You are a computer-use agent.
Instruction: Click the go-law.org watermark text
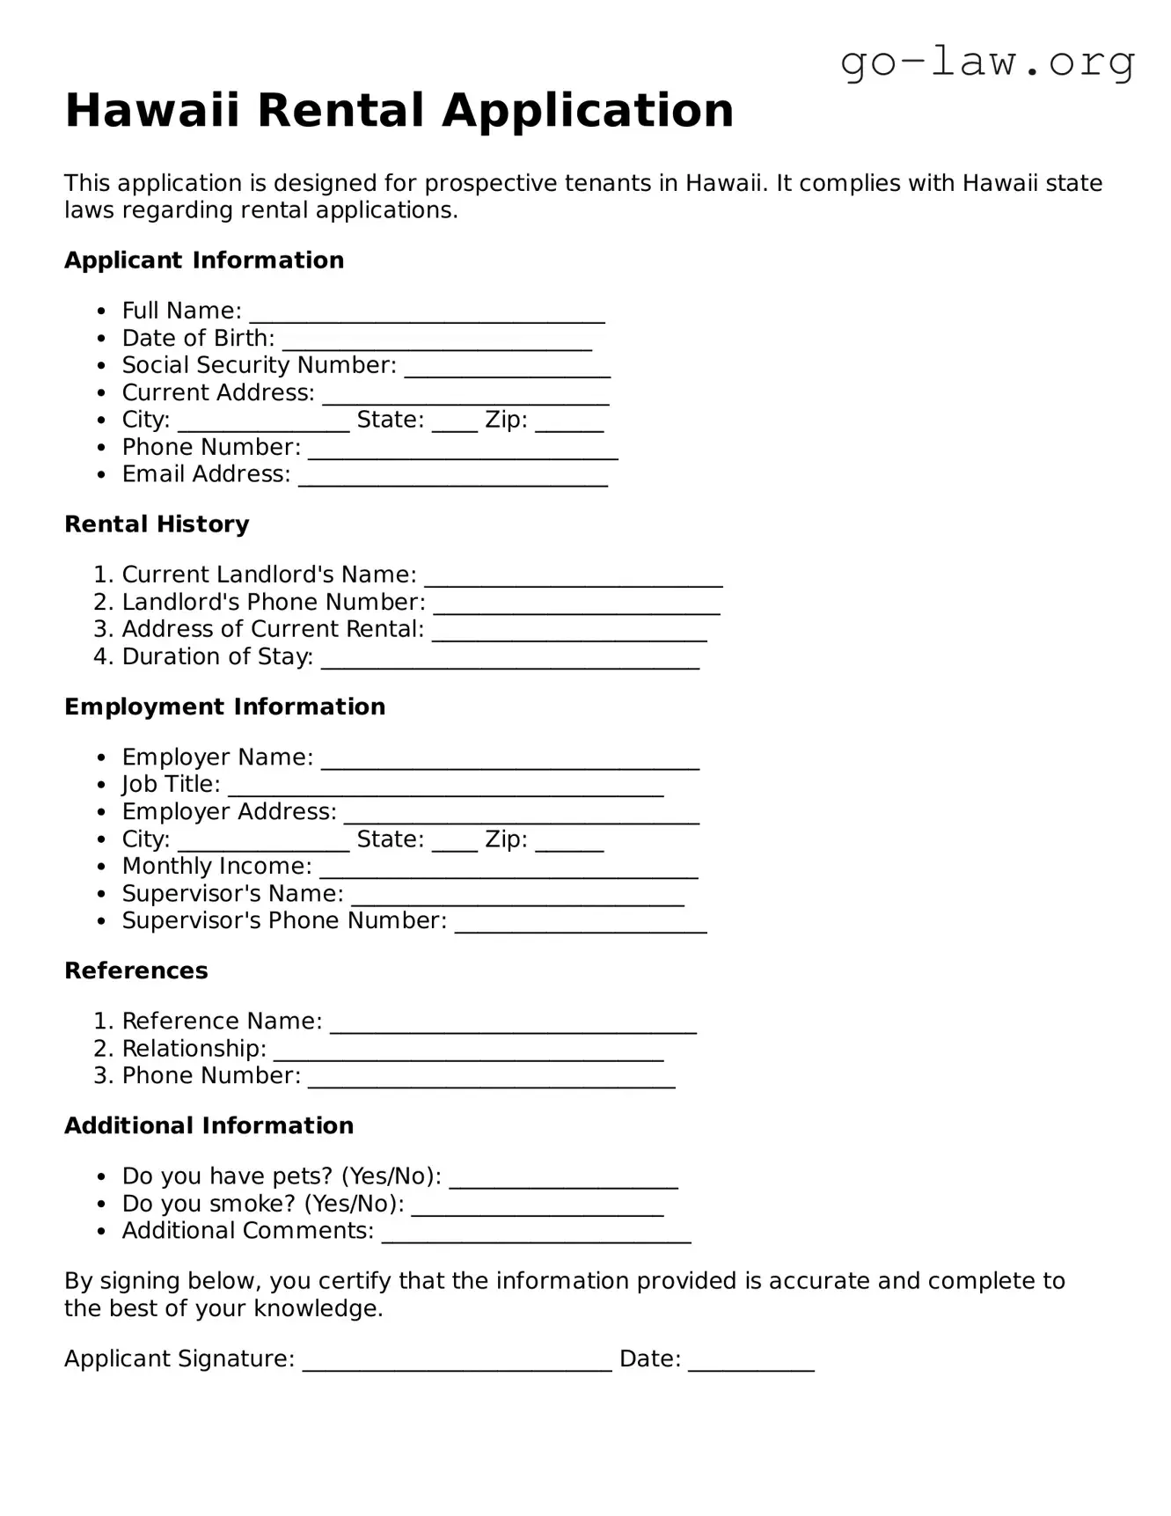tap(987, 63)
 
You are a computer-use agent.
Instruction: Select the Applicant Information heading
tap(203, 260)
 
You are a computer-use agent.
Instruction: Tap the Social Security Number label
tap(259, 365)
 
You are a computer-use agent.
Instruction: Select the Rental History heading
tap(157, 524)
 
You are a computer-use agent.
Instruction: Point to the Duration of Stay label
tap(217, 656)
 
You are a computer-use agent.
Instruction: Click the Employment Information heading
tap(224, 707)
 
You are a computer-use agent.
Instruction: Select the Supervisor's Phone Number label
tap(283, 920)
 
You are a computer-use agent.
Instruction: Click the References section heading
tap(135, 970)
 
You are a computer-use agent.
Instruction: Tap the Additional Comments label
tap(247, 1230)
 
